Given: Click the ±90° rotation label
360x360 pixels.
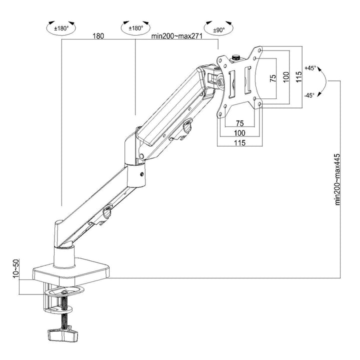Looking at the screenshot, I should pyautogui.click(x=218, y=30).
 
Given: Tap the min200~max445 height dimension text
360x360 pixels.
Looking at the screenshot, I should pyautogui.click(x=337, y=178).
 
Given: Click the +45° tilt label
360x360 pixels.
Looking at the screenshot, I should pyautogui.click(x=310, y=68).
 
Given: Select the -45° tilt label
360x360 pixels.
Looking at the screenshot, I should pyautogui.click(x=309, y=95).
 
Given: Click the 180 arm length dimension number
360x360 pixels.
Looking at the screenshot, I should pyautogui.click(x=98, y=36).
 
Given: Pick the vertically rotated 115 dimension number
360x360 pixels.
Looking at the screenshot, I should pyautogui.click(x=298, y=76).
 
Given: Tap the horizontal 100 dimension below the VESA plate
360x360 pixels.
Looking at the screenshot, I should pyautogui.click(x=239, y=133).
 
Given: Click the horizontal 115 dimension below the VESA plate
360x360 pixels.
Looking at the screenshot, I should pyautogui.click(x=239, y=143).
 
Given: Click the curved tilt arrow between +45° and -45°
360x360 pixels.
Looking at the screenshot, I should pyautogui.click(x=322, y=82).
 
